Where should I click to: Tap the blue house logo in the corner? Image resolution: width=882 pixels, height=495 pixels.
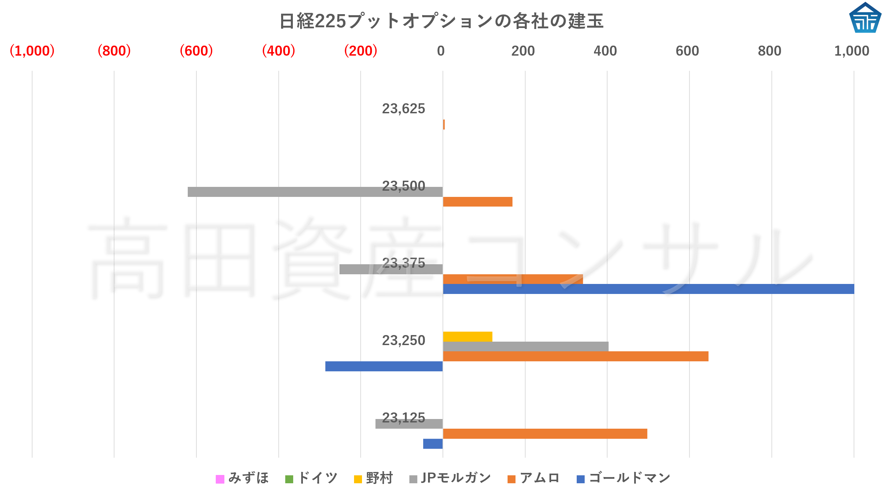pos(865,18)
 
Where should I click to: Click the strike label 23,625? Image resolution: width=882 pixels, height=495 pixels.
pos(403,109)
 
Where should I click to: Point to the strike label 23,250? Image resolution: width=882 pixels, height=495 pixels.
pos(403,341)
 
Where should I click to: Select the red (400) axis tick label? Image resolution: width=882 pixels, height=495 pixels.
pos(278,51)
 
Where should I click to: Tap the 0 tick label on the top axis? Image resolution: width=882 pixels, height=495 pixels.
pos(440,51)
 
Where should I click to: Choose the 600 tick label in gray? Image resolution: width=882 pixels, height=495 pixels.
pos(687,51)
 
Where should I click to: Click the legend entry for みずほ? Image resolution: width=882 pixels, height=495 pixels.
pos(242,478)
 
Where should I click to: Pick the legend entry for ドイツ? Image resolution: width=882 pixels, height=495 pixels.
pos(311,478)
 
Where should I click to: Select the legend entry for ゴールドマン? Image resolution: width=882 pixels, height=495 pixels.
pos(623,478)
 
